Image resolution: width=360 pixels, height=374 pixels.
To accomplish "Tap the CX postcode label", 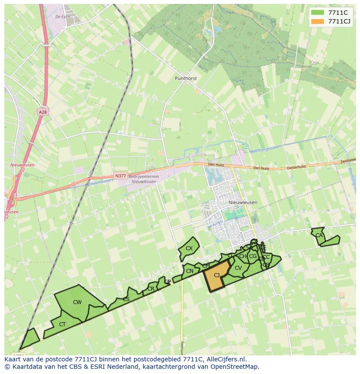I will point(189,248).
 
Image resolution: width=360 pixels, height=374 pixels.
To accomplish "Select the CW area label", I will point(77,302).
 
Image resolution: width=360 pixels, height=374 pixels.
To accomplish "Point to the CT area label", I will point(62,324).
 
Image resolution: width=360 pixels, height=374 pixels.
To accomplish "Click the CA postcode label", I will point(319,235).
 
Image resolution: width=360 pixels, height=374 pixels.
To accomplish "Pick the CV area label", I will point(238,268).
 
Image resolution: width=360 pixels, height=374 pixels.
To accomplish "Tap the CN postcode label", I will point(190,271).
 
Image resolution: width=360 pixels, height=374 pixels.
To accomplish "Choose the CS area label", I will point(126,299).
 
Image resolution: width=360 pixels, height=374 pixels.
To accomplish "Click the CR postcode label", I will point(151,289).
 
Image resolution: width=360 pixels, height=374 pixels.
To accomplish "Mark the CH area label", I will point(243,256).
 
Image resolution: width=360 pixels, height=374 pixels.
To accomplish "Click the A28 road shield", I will point(42,112).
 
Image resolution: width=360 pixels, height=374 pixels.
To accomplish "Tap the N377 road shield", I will point(121,176).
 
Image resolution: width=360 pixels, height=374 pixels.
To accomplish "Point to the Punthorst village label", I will point(186,79).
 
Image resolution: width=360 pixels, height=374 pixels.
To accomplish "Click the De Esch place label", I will point(63,17).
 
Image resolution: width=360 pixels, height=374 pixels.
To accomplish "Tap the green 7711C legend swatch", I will point(318,13).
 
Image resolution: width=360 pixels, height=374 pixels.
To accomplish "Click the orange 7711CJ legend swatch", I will point(318,21).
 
